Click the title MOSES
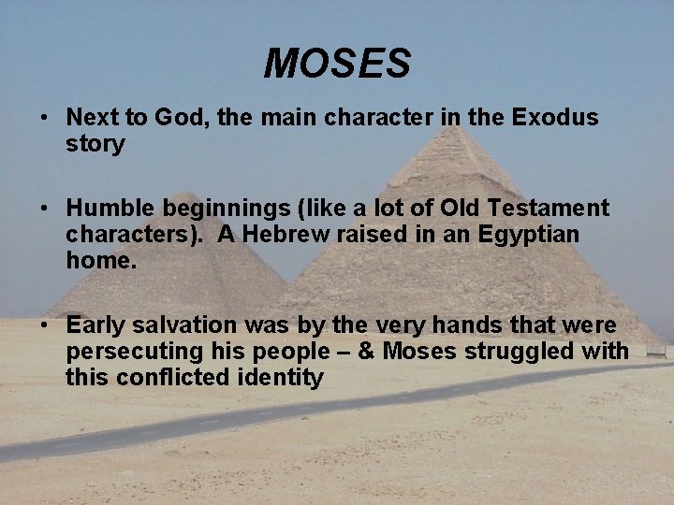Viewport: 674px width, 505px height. pos(337,64)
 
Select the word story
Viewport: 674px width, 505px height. pos(95,144)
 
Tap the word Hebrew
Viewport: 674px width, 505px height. pos(288,234)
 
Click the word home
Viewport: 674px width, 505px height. pos(100,260)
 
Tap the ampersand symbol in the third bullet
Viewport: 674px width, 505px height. pos(367,352)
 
